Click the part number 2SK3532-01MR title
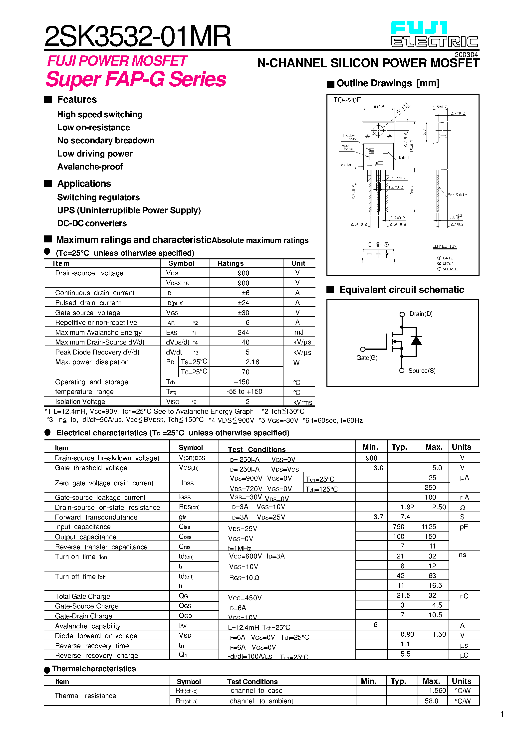pyautogui.click(x=137, y=36)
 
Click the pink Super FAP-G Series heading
pyautogui.click(x=136, y=79)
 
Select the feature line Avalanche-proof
pyautogui.click(x=90, y=167)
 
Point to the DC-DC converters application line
pyautogui.click(x=92, y=223)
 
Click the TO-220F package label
pyautogui.click(x=347, y=100)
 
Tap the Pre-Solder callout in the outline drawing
pyautogui.click(x=457, y=194)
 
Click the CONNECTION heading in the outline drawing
pyautogui.click(x=444, y=246)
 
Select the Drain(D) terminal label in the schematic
pyautogui.click(x=421, y=314)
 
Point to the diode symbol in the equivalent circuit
pyautogui.click(x=416, y=341)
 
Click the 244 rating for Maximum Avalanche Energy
pyautogui.click(x=243, y=333)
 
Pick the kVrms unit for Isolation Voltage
pyautogui.click(x=302, y=402)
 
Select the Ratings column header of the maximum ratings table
pyautogui.click(x=231, y=263)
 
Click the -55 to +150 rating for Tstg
pyautogui.click(x=244, y=392)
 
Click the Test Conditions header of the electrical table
pyautogui.click(x=257, y=449)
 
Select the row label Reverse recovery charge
pyautogui.click(x=96, y=656)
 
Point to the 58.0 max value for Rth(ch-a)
pyautogui.click(x=431, y=701)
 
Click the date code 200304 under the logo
pyautogui.click(x=466, y=55)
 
